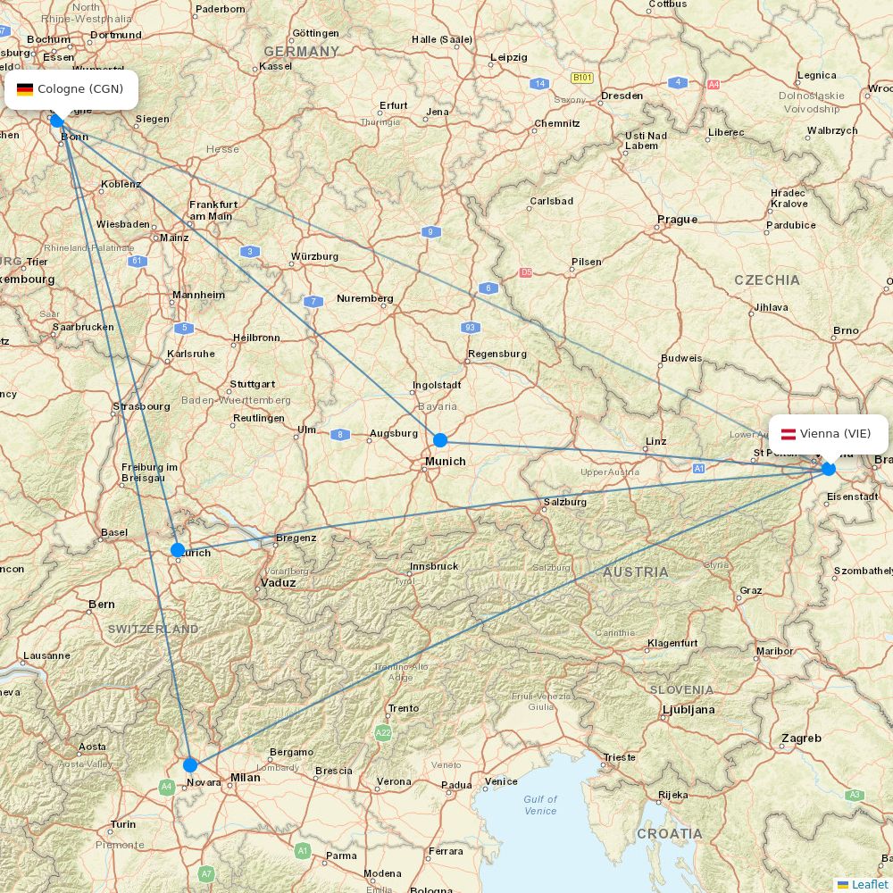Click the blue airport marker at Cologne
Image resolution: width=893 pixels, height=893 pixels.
pos(58,121)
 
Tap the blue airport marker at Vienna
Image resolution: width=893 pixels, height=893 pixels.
pos(829,468)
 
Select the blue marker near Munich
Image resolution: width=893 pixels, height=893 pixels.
pos(440,440)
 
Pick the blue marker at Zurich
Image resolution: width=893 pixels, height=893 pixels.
pos(178,550)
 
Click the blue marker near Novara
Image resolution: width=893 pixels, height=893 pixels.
pos(190,765)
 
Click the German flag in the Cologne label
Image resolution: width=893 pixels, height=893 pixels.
pos(25,89)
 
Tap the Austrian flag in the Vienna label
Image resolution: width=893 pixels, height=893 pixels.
pos(789,434)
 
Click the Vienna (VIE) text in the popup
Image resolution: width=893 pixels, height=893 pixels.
pos(835,434)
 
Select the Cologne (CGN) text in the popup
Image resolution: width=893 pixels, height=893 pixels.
pos(80,89)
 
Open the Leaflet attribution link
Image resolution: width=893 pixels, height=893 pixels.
pos(869,884)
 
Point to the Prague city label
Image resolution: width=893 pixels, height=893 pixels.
pos(677,220)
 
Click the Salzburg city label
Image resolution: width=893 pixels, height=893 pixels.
pos(565,502)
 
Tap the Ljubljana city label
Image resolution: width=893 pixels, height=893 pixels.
pos(689,710)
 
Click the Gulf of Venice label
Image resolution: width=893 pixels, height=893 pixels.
pos(540,805)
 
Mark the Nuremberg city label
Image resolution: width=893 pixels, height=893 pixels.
pos(364,298)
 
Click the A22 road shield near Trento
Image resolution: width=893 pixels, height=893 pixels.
pos(383,733)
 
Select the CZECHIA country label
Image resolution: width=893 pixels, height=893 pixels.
pos(767,280)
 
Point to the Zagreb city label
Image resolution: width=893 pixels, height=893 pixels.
pos(801,739)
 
